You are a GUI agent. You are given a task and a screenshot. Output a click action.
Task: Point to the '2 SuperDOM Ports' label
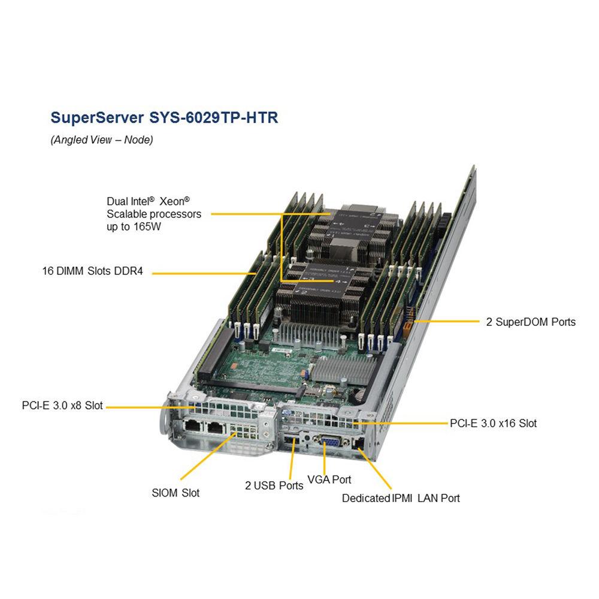[531, 322]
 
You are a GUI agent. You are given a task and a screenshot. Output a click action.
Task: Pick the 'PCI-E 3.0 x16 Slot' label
[493, 423]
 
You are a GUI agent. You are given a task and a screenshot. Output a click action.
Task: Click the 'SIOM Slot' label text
[176, 492]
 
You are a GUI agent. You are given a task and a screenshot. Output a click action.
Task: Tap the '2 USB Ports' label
[274, 485]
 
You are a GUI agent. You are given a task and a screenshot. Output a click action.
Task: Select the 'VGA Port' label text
[329, 479]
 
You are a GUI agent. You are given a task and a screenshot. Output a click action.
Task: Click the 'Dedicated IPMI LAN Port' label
[401, 498]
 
